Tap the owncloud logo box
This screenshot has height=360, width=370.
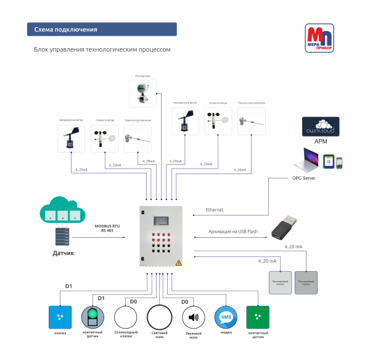pyautogui.click(x=321, y=126)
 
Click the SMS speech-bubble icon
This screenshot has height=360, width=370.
pyautogui.click(x=225, y=317)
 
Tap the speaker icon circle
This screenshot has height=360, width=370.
pyautogui.click(x=193, y=317)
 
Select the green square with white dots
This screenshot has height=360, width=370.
pyautogui.click(x=257, y=317)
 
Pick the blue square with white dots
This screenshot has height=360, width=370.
pyautogui.click(x=60, y=317)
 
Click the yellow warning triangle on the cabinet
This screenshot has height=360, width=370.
pyautogui.click(x=179, y=262)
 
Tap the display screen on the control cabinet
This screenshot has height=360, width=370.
pyautogui.click(x=163, y=220)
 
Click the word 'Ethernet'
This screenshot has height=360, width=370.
pyautogui.click(x=215, y=210)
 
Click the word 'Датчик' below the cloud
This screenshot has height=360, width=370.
pyautogui.click(x=62, y=253)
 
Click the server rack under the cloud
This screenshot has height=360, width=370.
pyautogui.click(x=62, y=235)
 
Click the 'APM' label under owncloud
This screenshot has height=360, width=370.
pyautogui.click(x=321, y=141)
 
